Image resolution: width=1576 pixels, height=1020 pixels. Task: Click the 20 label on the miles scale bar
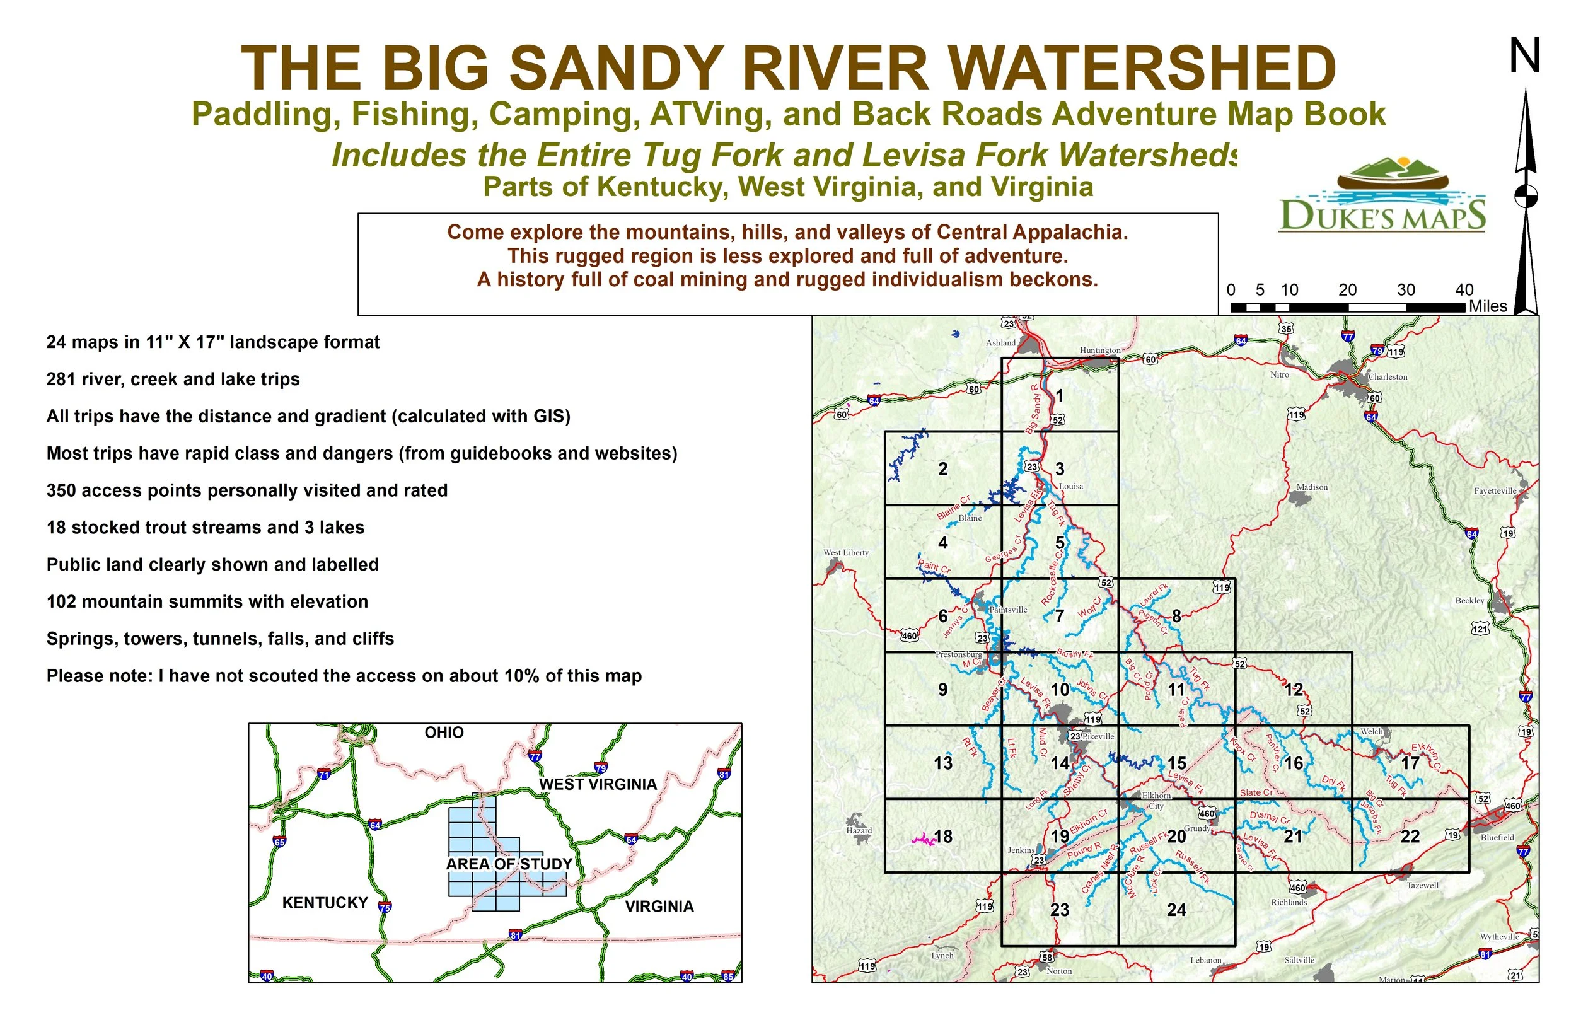pos(1347,290)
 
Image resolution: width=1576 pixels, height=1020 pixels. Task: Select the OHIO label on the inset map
pos(444,733)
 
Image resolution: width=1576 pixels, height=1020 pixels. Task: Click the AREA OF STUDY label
pos(509,864)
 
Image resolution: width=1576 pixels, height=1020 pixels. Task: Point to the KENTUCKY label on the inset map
pos(325,903)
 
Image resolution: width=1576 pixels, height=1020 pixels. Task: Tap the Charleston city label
pos(1388,377)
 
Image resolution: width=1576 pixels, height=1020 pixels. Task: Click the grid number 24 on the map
pos(1176,910)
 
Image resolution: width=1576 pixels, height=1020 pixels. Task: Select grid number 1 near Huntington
pos(1060,395)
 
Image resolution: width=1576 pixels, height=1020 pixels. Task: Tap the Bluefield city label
pos(1497,837)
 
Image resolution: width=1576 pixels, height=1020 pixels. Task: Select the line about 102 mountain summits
pos(207,601)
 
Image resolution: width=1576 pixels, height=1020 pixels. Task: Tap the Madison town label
pos(1312,487)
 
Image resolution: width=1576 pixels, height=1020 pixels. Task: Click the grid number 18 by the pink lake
pos(943,837)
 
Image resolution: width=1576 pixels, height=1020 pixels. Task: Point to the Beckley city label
pos(1469,600)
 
